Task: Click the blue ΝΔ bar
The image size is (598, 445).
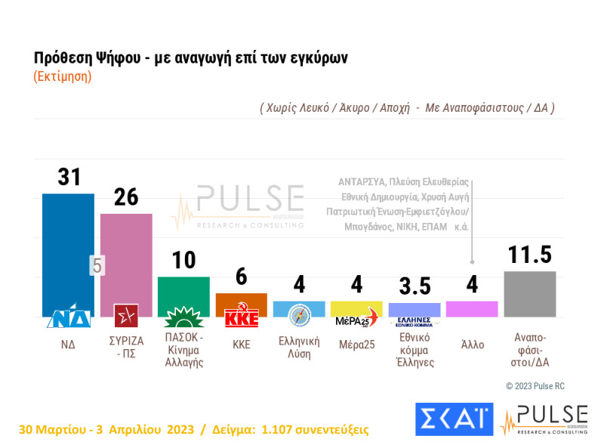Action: [68, 249]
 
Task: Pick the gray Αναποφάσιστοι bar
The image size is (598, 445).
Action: [529, 293]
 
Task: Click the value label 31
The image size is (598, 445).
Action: [69, 177]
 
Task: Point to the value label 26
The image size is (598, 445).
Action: [126, 197]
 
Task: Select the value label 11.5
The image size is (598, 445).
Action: [529, 255]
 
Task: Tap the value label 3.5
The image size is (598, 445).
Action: [415, 287]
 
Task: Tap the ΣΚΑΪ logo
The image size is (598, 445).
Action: [453, 420]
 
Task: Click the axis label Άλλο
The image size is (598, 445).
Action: [472, 345]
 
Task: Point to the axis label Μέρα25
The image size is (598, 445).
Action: [356, 345]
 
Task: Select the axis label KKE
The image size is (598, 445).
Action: [242, 345]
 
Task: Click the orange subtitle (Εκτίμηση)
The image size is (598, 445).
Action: [63, 76]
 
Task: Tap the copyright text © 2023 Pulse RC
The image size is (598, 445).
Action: [535, 386]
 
